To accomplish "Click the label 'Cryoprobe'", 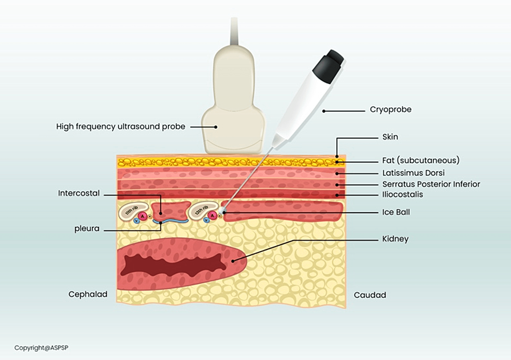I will coord(390,110).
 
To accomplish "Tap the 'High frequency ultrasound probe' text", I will coord(120,127).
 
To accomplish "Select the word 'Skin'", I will coord(390,137).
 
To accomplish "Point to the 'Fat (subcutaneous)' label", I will coord(421,161).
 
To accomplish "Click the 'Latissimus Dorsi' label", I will coord(413,173).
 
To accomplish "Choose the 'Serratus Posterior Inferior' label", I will coord(431,184).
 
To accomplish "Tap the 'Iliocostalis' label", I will coord(403,195).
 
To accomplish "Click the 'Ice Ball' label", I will coord(395,212).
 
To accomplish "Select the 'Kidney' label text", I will coord(395,239).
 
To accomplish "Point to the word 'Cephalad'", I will coord(88,295).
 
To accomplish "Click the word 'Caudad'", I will coord(370,295).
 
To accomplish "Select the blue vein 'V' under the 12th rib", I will coord(207,220).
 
